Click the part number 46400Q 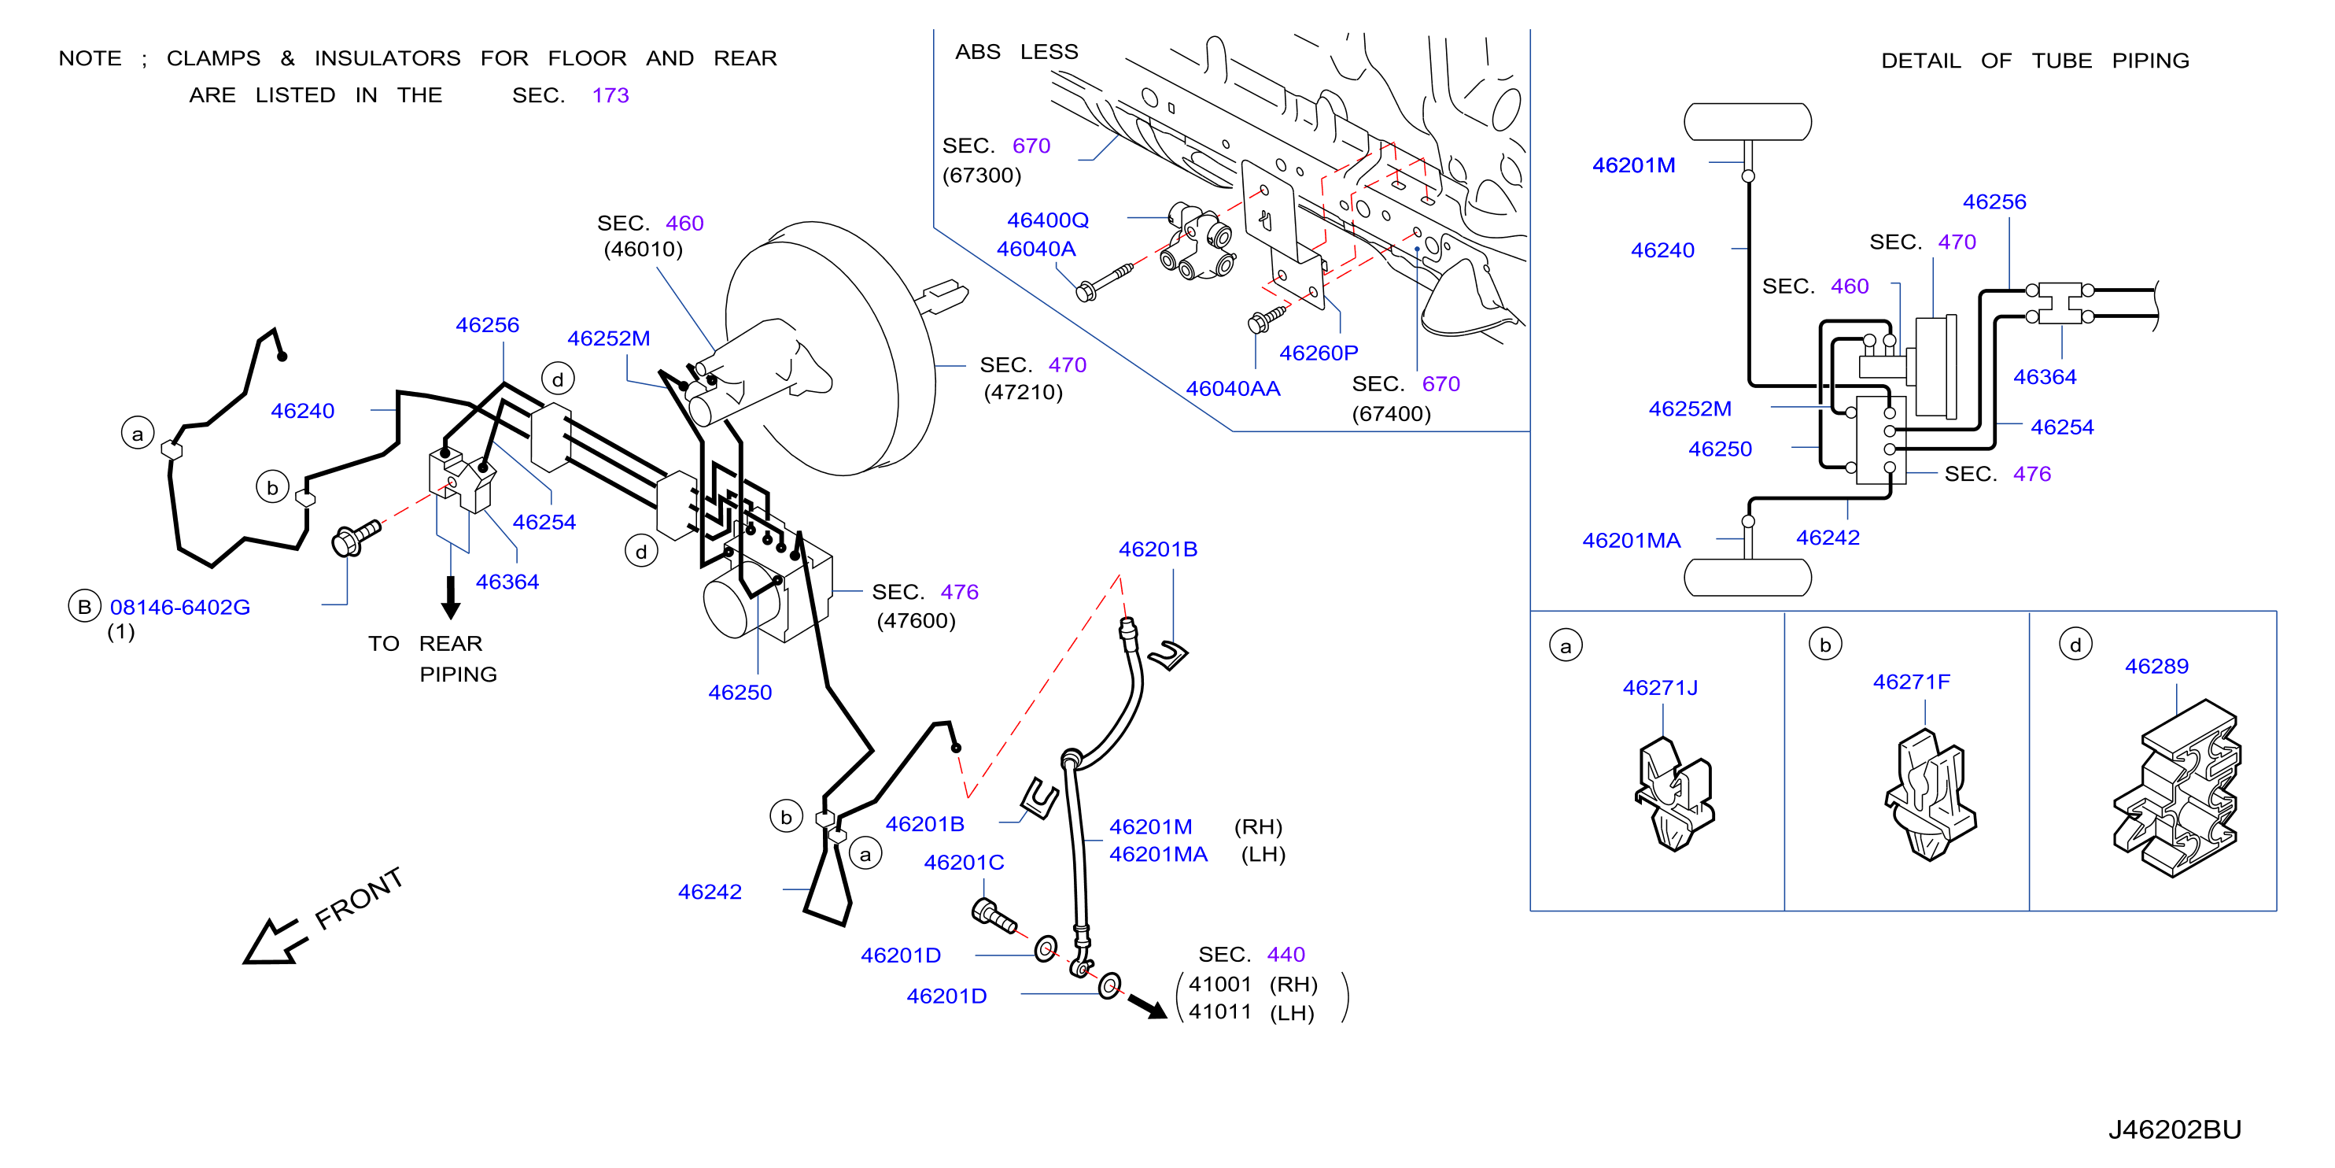[1048, 220]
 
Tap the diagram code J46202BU [2175, 1130]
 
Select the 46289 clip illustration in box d [2176, 787]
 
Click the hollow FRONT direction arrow [274, 942]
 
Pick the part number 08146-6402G [180, 608]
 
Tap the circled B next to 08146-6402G [84, 607]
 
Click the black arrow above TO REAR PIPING [451, 597]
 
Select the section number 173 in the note [610, 95]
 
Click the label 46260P [1318, 353]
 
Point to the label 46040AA [1233, 389]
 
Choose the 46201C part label [964, 863]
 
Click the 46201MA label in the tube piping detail [1631, 541]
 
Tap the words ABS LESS [1016, 52]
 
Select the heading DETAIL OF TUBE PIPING [2035, 61]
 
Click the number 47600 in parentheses [916, 621]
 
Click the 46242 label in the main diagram [710, 893]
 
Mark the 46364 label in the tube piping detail [2044, 377]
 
